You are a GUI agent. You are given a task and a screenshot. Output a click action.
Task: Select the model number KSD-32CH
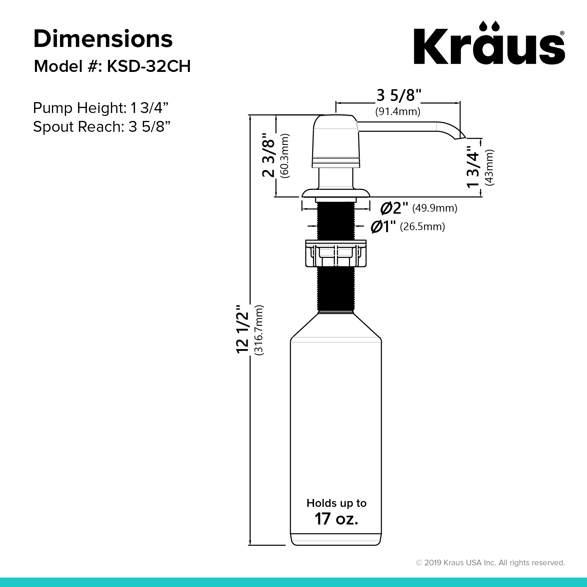[149, 66]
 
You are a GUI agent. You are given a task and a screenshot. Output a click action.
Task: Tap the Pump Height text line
[101, 108]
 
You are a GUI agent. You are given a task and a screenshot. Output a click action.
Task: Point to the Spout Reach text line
[102, 127]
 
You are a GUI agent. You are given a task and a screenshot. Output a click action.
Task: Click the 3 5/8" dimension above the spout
[398, 96]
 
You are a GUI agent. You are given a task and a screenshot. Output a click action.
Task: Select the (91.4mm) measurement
[398, 112]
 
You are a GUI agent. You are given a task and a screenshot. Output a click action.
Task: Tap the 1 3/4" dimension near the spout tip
[473, 166]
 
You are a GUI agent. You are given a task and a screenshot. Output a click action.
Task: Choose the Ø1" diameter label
[383, 227]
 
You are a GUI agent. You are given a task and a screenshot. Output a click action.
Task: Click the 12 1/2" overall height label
[243, 329]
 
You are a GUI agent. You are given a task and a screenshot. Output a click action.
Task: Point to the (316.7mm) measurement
[259, 330]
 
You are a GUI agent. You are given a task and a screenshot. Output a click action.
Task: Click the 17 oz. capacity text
[336, 519]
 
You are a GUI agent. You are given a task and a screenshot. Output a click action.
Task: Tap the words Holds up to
[336, 503]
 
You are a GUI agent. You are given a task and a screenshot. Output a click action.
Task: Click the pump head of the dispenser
[335, 141]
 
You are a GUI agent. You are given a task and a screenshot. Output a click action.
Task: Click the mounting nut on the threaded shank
[336, 253]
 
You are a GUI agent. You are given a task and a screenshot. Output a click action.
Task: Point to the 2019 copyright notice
[490, 563]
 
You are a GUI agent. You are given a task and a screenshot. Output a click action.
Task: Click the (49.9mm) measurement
[434, 208]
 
